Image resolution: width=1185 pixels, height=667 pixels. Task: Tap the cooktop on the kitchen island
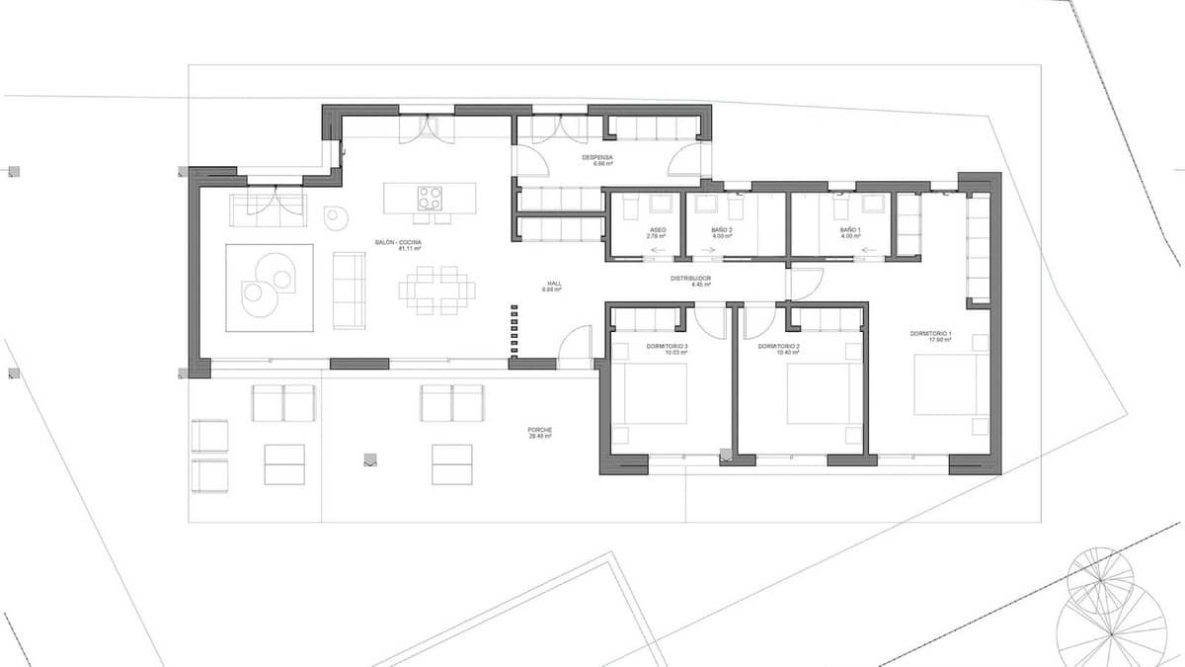pyautogui.click(x=430, y=198)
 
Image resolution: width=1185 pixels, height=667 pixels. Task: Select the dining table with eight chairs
pyautogui.click(x=436, y=290)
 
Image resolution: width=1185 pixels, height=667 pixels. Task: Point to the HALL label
pyautogui.click(x=553, y=286)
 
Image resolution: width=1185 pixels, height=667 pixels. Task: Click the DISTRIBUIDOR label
pyautogui.click(x=691, y=281)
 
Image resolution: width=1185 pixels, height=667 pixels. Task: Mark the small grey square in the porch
pyautogui.click(x=369, y=459)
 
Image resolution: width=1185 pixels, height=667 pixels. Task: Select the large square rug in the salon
pyautogui.click(x=270, y=288)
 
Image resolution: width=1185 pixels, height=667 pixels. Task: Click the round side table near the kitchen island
pyautogui.click(x=337, y=216)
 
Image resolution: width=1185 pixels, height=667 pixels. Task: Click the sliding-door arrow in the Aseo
pyautogui.click(x=656, y=251)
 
